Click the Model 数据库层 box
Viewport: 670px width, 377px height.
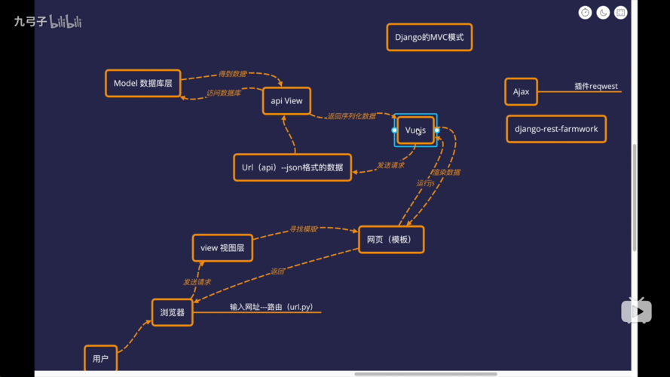tap(143, 83)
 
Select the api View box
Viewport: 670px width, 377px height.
tap(286, 101)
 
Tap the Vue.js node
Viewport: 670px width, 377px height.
tap(415, 130)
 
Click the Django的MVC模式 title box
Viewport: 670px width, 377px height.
tap(430, 37)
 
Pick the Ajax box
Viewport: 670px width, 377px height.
tap(521, 92)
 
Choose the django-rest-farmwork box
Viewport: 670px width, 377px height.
tap(556, 129)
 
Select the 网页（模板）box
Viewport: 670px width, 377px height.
tap(390, 239)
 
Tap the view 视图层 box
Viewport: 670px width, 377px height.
tap(222, 247)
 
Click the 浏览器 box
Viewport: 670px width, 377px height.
tap(172, 312)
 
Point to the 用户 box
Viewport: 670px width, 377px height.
tap(100, 359)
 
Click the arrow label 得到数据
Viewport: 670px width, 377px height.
tap(232, 74)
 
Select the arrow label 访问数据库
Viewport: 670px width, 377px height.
tap(224, 93)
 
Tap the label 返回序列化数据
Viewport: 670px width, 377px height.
tap(351, 116)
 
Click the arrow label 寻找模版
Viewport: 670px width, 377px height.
tap(304, 228)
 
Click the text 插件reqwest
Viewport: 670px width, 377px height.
tap(595, 87)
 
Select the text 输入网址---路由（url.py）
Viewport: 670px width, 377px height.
tap(271, 308)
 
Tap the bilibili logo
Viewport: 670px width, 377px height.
tap(66, 23)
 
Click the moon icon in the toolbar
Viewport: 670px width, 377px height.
tap(603, 13)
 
